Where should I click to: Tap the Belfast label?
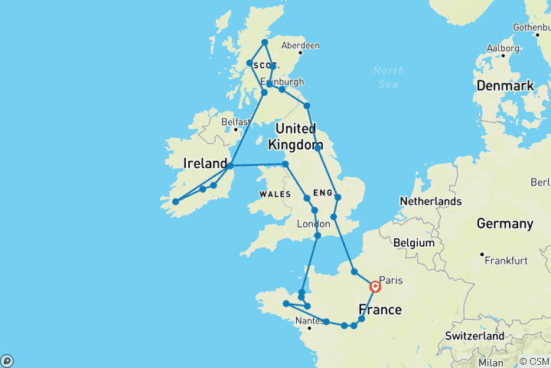[x=235, y=122]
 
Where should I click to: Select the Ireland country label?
[x=205, y=163]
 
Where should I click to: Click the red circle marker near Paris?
[x=376, y=287]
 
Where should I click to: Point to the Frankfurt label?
[x=506, y=261]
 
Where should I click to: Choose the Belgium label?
[x=414, y=243]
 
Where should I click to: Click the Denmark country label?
[x=505, y=86]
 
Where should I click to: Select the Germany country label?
[x=504, y=224]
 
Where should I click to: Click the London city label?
[x=312, y=224]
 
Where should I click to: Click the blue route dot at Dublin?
[x=230, y=165]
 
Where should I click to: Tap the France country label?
[x=380, y=310]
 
